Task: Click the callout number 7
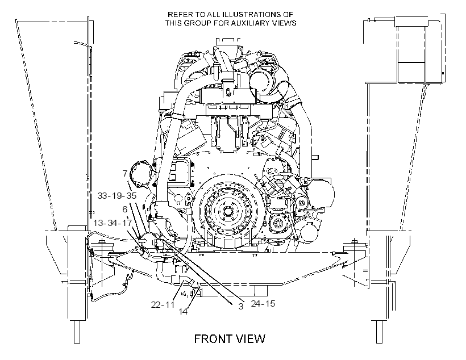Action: [125, 173]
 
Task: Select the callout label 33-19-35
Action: [117, 195]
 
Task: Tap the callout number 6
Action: [125, 210]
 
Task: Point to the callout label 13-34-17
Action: [113, 223]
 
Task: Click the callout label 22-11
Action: [163, 304]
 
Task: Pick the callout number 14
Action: [183, 311]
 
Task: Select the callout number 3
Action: [241, 306]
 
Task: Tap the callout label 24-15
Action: [263, 304]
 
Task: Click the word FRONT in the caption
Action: [213, 338]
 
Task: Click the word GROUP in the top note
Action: [195, 23]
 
